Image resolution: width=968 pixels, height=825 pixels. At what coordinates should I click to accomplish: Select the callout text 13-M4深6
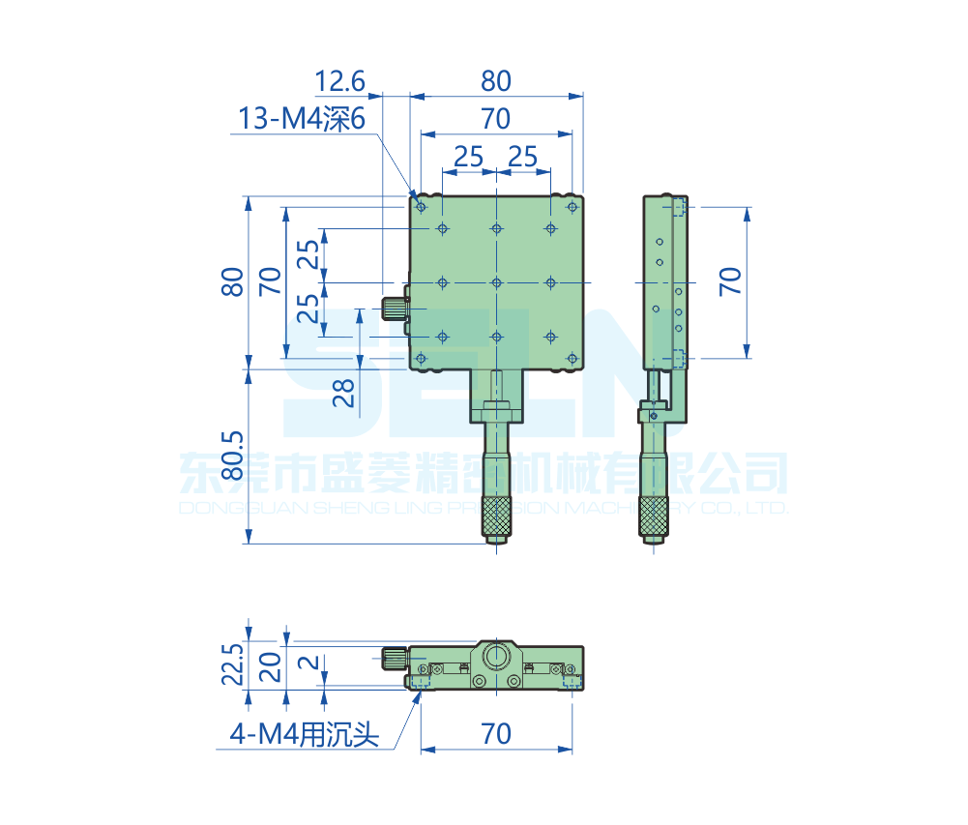[x=301, y=119]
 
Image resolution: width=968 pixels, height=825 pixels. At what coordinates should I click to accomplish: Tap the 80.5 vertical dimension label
[x=232, y=456]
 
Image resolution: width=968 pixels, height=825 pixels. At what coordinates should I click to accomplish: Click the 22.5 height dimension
[x=232, y=663]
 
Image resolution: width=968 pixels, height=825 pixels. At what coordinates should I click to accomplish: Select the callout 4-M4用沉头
[x=304, y=735]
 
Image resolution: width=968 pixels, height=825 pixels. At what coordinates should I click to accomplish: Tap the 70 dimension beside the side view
[x=731, y=280]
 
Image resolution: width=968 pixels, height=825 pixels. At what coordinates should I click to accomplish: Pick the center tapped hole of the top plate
[x=496, y=282]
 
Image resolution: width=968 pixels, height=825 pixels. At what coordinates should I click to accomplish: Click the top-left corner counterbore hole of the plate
[x=421, y=205]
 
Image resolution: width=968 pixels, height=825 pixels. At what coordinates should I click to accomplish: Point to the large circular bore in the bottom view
[x=496, y=658]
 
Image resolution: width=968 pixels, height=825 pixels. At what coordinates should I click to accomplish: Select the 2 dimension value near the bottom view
[x=308, y=664]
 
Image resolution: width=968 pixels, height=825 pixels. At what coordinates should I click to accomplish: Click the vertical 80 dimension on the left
[x=232, y=281]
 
